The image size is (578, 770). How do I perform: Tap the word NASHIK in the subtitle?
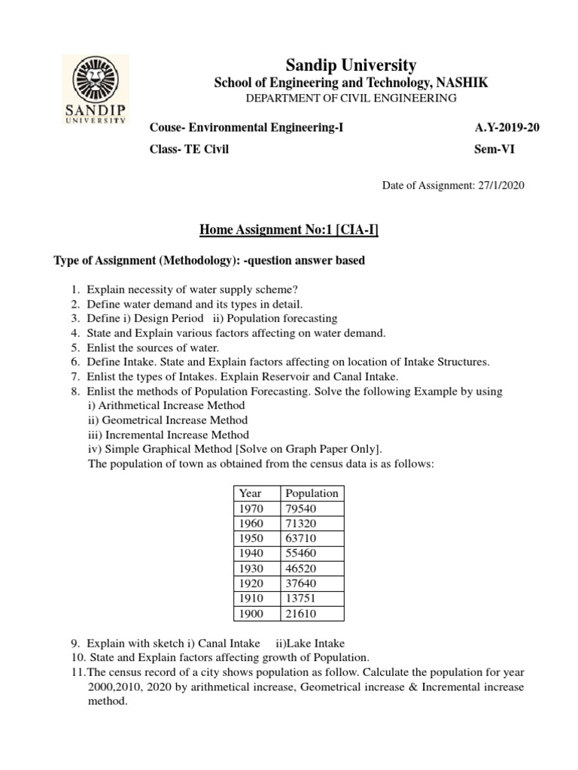click(460, 83)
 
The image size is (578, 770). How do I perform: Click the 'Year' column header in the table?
click(250, 493)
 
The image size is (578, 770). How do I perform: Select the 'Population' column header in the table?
click(311, 493)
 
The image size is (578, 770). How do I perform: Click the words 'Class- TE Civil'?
click(189, 149)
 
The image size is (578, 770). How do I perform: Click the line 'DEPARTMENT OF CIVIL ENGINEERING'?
click(351, 99)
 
